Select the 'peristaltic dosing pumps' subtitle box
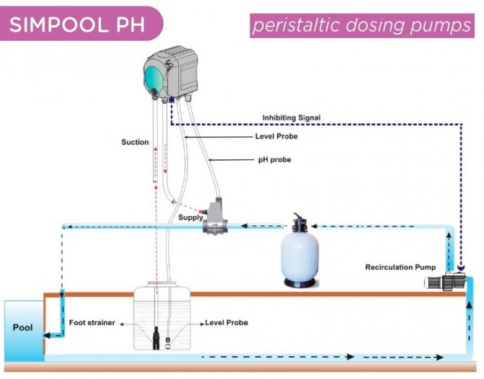pos(363,25)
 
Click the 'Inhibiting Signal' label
pos(292,117)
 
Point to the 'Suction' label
pos(134,143)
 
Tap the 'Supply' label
pos(190,218)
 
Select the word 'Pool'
pos(22,328)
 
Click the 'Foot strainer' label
pos(92,323)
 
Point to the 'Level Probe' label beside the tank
pos(226,323)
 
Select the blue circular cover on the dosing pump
pos(156,75)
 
